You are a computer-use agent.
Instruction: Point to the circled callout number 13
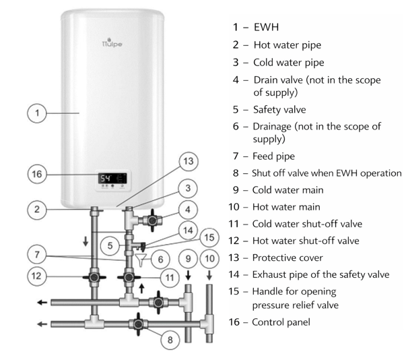[x=189, y=160]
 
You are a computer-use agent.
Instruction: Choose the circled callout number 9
[x=189, y=258]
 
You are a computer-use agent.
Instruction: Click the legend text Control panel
[x=282, y=322]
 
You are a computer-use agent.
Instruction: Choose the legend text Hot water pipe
[x=287, y=46]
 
